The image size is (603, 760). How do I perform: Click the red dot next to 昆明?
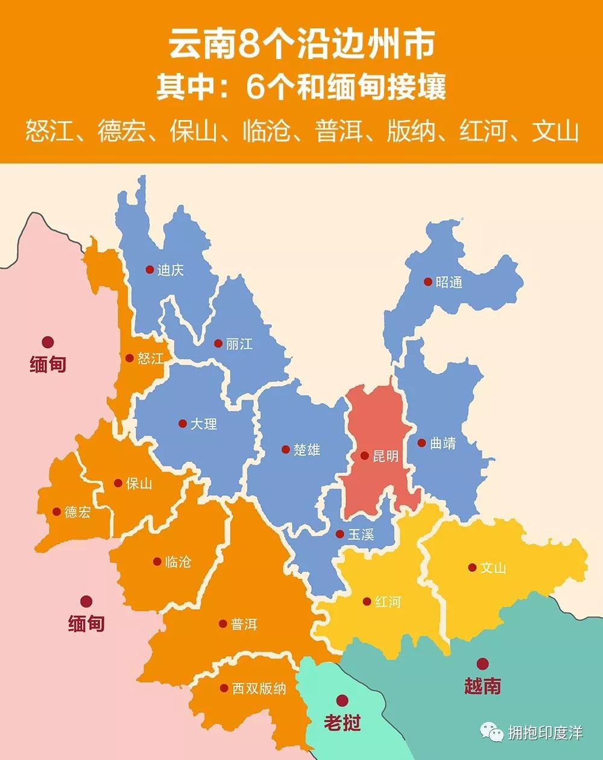[x=365, y=456]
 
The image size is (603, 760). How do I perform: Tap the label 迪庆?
[x=170, y=270]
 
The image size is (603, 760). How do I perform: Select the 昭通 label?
[x=449, y=282]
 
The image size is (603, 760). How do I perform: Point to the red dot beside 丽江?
[x=218, y=344]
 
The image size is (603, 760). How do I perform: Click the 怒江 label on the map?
[x=150, y=358]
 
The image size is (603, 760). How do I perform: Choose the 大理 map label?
[x=204, y=424]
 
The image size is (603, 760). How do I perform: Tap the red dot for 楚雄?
[x=286, y=449]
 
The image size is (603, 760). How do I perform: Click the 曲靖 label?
[x=443, y=443]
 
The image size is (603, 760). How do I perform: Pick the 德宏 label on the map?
[x=78, y=512]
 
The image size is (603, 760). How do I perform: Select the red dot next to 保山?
[x=118, y=483]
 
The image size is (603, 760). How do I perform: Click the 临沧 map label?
[x=178, y=562]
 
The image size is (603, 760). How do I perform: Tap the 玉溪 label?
[x=361, y=534]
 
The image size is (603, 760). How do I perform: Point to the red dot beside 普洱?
[x=223, y=624]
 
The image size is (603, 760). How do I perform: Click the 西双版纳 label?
[x=259, y=688]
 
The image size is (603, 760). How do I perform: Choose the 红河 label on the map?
[x=387, y=602]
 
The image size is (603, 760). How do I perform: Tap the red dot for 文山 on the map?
[x=472, y=568]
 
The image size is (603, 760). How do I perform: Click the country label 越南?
[x=482, y=686]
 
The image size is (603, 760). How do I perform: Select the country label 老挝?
[x=342, y=722]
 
